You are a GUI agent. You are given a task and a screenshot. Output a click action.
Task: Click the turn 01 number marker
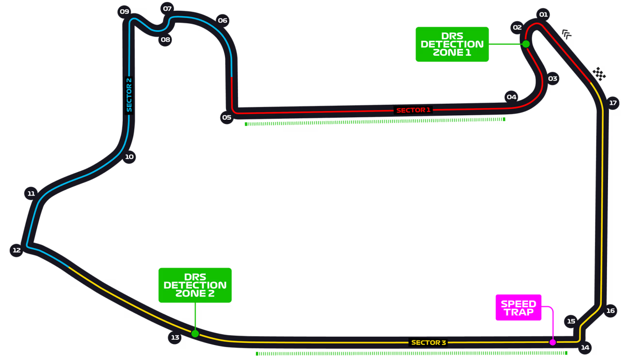543,15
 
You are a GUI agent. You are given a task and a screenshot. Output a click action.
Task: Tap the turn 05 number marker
226,117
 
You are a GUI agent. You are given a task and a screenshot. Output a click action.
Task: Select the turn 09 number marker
125,12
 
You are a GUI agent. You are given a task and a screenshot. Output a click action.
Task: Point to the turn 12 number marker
16,250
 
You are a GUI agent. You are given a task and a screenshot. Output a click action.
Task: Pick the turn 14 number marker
585,347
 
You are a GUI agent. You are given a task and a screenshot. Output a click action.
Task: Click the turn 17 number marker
613,103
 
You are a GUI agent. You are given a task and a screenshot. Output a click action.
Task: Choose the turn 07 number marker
167,8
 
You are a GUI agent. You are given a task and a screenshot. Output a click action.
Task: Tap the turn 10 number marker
129,157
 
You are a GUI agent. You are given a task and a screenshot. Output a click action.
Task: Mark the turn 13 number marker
175,337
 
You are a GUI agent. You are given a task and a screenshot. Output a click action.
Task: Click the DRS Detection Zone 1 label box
452,44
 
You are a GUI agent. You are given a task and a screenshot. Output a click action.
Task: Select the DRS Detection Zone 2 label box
195,285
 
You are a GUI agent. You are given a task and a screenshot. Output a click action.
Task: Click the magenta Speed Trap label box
518,308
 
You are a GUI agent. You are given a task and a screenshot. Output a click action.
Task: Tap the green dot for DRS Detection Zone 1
526,44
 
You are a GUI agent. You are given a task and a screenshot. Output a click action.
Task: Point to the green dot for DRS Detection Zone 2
195,333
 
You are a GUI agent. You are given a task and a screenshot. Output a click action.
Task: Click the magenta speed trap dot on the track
552,342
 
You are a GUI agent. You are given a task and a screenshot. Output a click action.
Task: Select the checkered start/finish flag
600,74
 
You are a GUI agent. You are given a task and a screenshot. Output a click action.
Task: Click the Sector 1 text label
413,110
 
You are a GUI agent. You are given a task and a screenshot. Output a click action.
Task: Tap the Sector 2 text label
129,95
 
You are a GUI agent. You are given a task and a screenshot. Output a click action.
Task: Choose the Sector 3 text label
428,343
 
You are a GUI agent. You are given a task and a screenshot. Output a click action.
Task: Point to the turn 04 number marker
512,97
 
